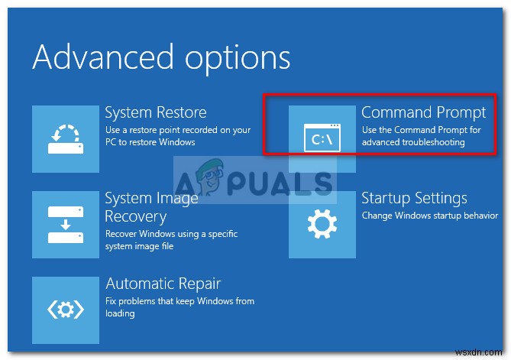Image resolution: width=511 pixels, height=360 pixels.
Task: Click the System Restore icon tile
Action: (x=66, y=138)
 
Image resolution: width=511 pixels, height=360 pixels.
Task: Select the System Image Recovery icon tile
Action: (x=66, y=224)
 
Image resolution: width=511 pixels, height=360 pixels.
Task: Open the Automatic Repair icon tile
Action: (x=66, y=310)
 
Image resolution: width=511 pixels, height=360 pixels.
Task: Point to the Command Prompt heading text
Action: (x=423, y=112)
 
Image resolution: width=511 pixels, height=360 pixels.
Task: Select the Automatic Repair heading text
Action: (x=163, y=284)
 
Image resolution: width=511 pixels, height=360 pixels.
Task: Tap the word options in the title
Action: (x=240, y=58)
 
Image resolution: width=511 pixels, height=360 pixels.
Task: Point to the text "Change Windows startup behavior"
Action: (x=429, y=216)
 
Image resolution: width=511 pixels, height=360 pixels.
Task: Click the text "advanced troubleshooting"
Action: (x=413, y=142)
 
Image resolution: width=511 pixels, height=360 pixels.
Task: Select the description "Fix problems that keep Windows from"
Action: (x=179, y=301)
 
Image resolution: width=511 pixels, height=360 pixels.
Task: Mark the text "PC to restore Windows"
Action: (x=150, y=142)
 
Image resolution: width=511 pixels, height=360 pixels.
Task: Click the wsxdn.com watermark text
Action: (x=482, y=350)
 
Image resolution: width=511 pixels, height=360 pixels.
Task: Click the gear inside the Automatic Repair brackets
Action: (x=66, y=310)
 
